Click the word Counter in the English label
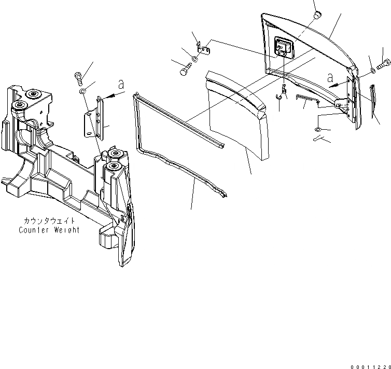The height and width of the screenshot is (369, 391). coord(33,230)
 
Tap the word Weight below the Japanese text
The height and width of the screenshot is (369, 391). coord(66,230)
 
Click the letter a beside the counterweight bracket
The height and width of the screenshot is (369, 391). coord(120,85)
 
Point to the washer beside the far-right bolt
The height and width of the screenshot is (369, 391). coord(373,70)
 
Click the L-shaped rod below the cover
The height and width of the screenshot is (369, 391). coord(306,99)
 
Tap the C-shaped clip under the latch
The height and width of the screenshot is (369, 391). coord(278,95)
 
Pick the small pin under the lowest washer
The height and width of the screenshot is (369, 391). coord(319,139)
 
